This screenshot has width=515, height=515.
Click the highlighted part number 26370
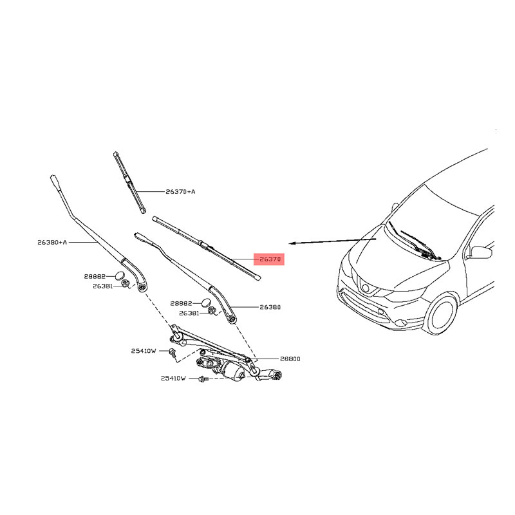point(270,259)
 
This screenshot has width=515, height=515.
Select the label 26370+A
point(180,191)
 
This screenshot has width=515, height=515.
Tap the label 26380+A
point(52,243)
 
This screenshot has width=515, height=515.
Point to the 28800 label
point(290,359)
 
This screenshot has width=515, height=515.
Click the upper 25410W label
point(144,351)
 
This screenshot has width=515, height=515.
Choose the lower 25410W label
point(173,379)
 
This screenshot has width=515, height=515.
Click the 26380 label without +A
point(270,307)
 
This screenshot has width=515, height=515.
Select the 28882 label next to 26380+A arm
point(95,277)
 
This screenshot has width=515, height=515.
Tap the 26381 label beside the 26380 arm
point(189,314)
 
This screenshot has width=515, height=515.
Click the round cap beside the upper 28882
point(120,276)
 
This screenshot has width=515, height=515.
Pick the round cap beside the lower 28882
point(206,303)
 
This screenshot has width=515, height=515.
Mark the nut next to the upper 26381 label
point(125,283)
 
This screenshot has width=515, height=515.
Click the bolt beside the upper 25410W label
point(172,353)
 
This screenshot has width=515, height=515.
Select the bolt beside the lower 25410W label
point(203,379)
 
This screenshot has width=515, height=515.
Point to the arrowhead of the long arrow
point(289,243)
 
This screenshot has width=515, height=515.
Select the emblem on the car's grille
point(365,288)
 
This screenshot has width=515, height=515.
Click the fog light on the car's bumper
point(400,323)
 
